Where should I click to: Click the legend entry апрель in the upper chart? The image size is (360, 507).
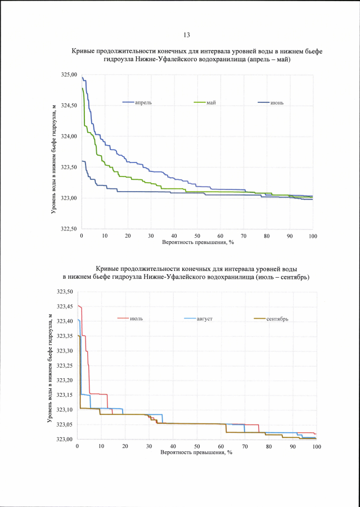143,102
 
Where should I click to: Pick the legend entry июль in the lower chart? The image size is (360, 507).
136,319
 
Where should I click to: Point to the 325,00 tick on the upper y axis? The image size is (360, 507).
69,75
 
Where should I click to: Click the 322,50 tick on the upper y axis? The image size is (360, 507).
69,229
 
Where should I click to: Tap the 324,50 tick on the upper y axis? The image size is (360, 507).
69,106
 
